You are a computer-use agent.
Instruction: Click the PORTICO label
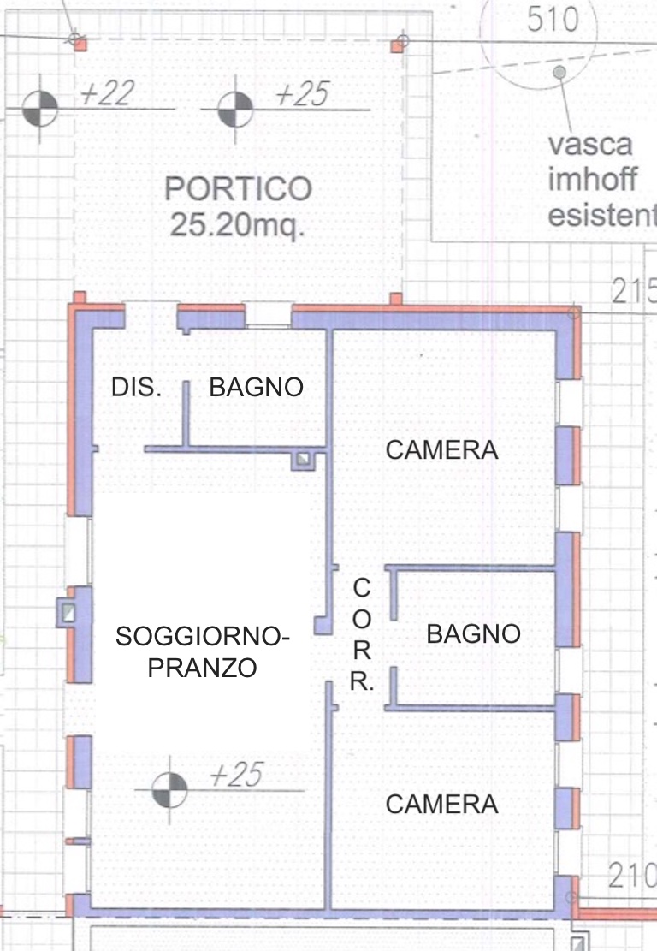238,189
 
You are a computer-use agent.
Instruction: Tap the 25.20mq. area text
236,225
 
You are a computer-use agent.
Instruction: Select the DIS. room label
136,388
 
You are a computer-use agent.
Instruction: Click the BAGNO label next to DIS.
257,388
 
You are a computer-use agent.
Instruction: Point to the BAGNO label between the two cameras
473,634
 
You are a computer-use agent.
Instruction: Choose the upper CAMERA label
441,450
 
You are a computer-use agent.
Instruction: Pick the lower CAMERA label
441,805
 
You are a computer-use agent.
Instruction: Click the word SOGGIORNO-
203,637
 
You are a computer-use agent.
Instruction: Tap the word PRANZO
203,669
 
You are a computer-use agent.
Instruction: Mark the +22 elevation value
107,93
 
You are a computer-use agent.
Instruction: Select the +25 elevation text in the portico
303,95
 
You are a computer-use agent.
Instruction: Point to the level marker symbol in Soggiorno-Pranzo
169,790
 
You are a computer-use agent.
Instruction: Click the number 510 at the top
553,20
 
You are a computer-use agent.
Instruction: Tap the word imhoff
592,179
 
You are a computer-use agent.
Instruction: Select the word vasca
590,145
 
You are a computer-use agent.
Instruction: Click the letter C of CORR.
362,588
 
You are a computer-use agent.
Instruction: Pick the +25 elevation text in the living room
236,776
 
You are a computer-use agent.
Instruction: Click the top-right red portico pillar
397,45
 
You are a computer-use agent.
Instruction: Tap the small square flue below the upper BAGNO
303,460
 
